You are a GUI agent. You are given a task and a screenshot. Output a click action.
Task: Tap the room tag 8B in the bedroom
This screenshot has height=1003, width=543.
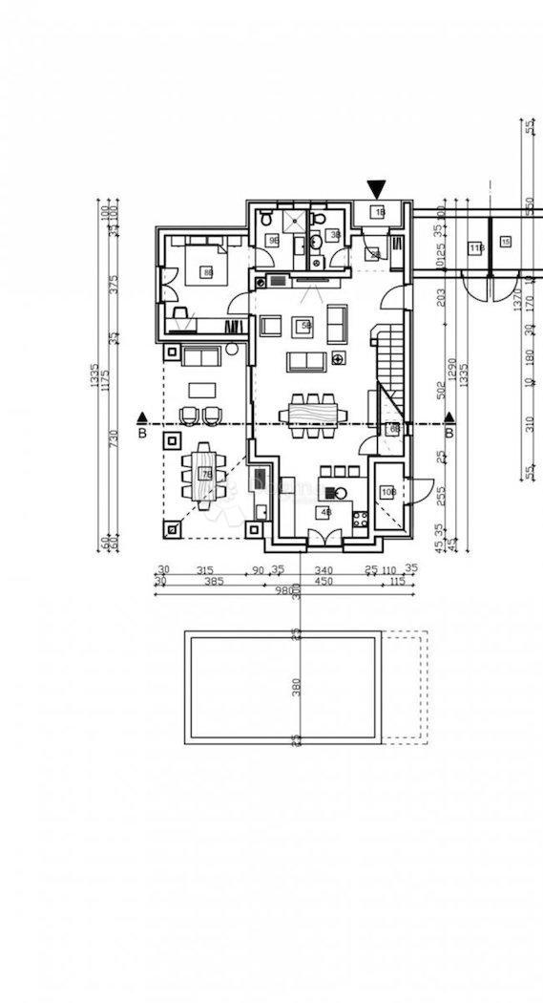[x=207, y=273]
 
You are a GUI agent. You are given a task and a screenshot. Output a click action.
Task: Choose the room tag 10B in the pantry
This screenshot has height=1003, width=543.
[x=387, y=492]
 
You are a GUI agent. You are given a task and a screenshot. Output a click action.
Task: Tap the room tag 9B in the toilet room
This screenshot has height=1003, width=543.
[x=273, y=240]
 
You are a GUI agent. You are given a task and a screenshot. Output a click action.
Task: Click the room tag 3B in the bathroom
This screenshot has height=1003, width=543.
[x=335, y=234]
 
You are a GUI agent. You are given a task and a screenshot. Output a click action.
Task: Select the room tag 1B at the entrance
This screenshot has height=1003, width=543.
[x=379, y=212]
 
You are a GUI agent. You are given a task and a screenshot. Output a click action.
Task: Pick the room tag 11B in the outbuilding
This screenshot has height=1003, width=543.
[x=476, y=248]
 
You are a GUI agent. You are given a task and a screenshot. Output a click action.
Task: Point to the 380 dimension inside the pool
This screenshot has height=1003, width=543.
[x=297, y=687]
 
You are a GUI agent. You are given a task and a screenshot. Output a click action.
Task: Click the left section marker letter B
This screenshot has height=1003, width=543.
[x=142, y=433]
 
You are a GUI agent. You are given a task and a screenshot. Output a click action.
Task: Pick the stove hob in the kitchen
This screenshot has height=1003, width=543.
[x=361, y=521]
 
